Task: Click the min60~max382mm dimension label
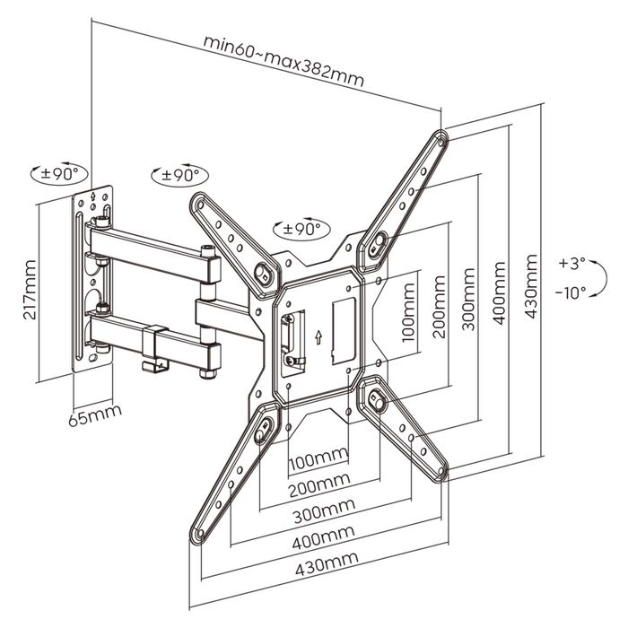tap(283, 58)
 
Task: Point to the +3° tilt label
tap(571, 263)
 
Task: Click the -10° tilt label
tap(571, 292)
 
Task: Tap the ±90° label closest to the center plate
tap(300, 228)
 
